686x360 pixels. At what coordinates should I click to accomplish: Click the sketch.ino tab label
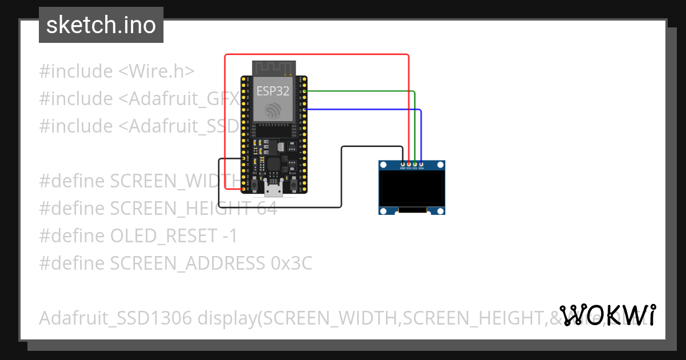coord(101,25)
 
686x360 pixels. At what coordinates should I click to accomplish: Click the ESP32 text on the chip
coord(273,90)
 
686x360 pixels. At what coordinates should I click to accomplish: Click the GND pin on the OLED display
coord(402,165)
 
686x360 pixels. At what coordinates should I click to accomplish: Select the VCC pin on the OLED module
coord(409,165)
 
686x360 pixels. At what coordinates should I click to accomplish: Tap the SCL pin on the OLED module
coord(414,165)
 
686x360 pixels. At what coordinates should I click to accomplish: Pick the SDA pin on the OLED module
coord(421,165)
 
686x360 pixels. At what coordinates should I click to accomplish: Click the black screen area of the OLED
coord(412,188)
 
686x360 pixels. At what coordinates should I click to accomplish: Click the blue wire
coord(366,109)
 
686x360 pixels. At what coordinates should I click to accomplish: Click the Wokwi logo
coord(607,315)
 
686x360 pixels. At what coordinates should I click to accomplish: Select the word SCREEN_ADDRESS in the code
coord(186,263)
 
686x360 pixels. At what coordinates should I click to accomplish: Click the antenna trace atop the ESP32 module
coord(273,67)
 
